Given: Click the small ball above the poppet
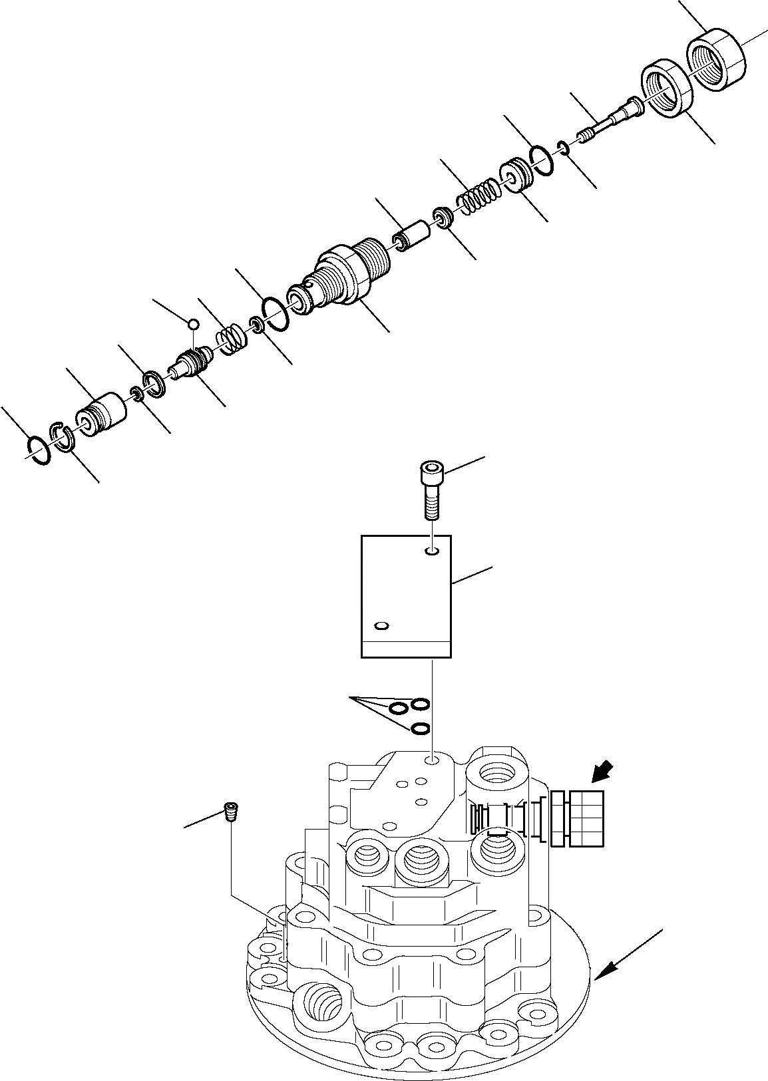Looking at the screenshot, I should point(193,324).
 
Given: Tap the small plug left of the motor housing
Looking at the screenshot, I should point(230,812).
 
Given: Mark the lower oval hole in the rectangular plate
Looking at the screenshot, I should point(381,626).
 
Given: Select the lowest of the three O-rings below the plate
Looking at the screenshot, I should point(419,729).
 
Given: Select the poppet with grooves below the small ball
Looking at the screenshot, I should point(190,366).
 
